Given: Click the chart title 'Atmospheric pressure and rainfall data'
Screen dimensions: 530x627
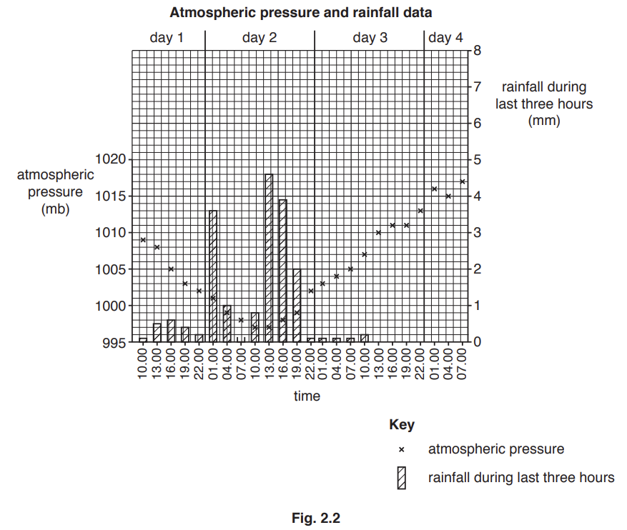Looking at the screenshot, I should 300,13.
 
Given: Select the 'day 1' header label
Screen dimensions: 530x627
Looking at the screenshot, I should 167,38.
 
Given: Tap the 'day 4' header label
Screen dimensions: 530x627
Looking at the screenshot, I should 445,38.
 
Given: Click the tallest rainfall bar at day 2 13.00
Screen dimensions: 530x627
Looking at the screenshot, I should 269,257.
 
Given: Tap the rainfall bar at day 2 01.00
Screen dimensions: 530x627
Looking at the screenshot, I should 213,276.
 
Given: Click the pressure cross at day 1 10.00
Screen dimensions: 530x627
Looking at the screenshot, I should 143,240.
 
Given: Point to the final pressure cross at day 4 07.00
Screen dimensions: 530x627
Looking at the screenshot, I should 463,181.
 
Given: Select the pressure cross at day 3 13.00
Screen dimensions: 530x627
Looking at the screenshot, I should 379,233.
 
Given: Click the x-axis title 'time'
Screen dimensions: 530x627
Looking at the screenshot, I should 307,396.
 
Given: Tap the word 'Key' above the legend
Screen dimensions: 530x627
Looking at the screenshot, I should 401,425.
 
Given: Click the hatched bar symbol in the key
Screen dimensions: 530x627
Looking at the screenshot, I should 402,478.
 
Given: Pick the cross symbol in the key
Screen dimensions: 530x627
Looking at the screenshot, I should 402,450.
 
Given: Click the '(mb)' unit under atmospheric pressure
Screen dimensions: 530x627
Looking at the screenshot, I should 55,210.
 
